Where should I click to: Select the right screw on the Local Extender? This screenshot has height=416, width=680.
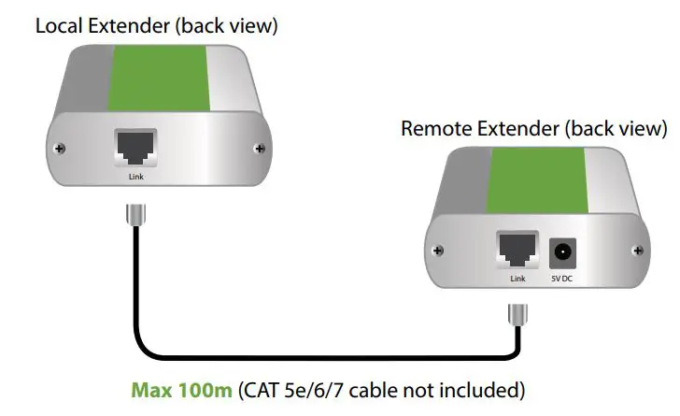pyautogui.click(x=259, y=149)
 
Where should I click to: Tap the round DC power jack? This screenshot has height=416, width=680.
pyautogui.click(x=563, y=251)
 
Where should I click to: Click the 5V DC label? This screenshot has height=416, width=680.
pyautogui.click(x=563, y=279)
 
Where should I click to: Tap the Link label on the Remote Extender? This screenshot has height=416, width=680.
pyautogui.click(x=517, y=279)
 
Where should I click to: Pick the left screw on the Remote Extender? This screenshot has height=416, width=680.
pyautogui.click(x=440, y=250)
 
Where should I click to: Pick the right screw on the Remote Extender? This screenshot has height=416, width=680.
pyautogui.click(x=637, y=250)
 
